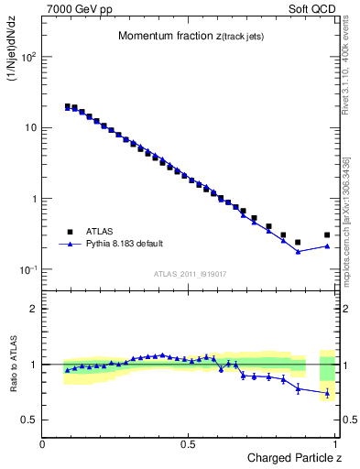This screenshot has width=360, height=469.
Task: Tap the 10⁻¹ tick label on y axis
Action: (x=27, y=269)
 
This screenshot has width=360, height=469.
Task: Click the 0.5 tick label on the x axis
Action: (x=188, y=443)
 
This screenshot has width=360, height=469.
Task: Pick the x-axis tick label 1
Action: (x=336, y=443)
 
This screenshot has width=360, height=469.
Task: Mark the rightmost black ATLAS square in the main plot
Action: (x=327, y=235)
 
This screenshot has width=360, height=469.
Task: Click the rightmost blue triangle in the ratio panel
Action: (x=327, y=393)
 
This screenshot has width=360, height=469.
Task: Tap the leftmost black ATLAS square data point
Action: (x=68, y=106)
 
